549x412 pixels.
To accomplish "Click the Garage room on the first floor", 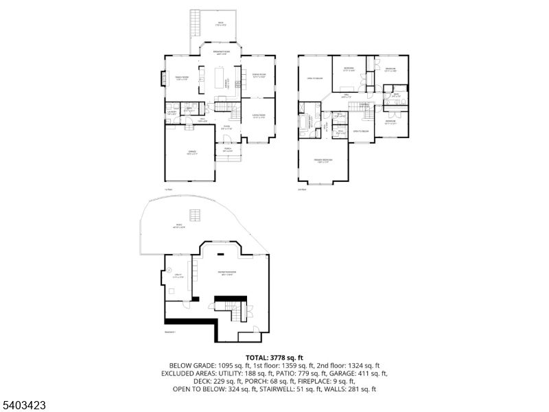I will (188, 154).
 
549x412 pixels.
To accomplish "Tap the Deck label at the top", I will (221, 25).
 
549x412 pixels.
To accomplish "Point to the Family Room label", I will (182, 78).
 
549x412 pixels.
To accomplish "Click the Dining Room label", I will (259, 76).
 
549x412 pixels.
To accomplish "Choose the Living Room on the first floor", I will (259, 117).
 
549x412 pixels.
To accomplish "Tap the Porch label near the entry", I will (227, 150).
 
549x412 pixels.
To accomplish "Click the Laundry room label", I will (173, 113).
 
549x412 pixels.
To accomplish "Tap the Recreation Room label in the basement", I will (226, 275).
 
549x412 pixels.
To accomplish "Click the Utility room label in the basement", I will (176, 277).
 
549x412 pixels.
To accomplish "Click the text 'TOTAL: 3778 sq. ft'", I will (274, 358).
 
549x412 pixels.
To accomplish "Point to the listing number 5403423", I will (23, 405).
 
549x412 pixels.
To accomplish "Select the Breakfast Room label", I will (221, 53).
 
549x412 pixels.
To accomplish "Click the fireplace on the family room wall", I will (163, 79).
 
